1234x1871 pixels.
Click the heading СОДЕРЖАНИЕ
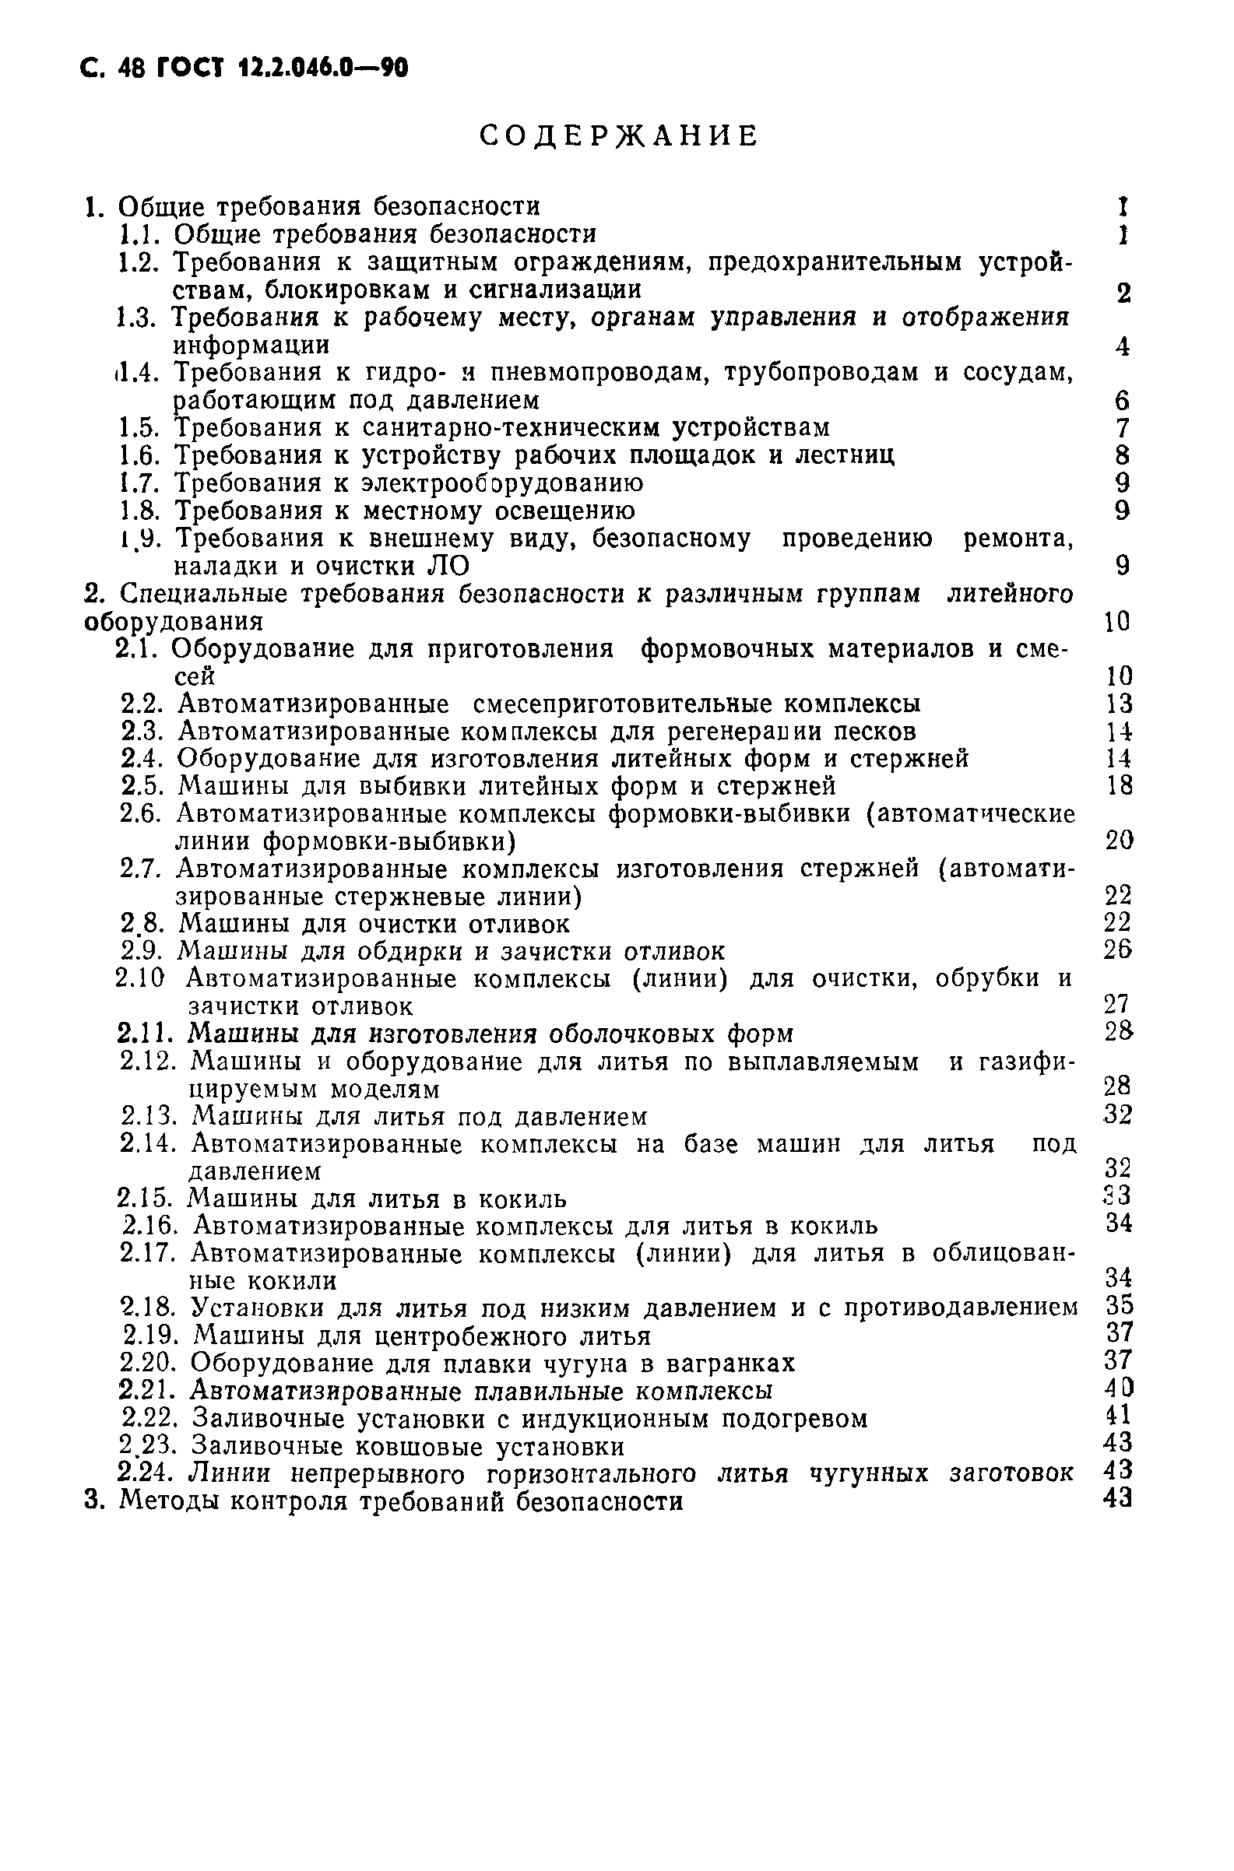619,137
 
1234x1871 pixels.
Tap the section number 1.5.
140,428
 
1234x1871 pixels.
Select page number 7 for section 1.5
1123,428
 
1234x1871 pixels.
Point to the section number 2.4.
142,759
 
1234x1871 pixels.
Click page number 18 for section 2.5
1119,785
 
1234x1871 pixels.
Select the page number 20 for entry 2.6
1119,841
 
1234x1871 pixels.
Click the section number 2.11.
147,1033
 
